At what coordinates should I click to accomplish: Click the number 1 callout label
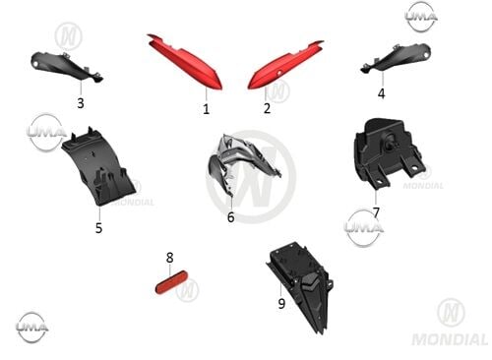click(x=206, y=109)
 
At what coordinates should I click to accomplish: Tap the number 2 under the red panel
click(x=268, y=108)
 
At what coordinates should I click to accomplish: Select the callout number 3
click(x=81, y=103)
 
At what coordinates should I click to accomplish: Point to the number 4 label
click(x=381, y=93)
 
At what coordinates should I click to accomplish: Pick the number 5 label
click(x=98, y=228)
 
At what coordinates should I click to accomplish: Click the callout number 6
click(x=231, y=217)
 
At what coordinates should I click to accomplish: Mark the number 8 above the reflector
click(x=169, y=258)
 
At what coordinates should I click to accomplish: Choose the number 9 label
click(x=281, y=304)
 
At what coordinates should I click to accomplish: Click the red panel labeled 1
click(x=184, y=62)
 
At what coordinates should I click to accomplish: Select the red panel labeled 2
click(x=284, y=65)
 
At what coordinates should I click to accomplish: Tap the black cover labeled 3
click(x=67, y=66)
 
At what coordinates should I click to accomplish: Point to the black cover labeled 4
click(x=396, y=59)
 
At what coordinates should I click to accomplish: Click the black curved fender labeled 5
click(x=98, y=167)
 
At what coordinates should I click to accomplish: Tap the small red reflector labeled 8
click(x=171, y=282)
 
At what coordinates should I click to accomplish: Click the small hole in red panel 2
click(x=279, y=74)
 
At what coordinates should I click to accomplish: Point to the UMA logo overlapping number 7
click(x=364, y=227)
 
